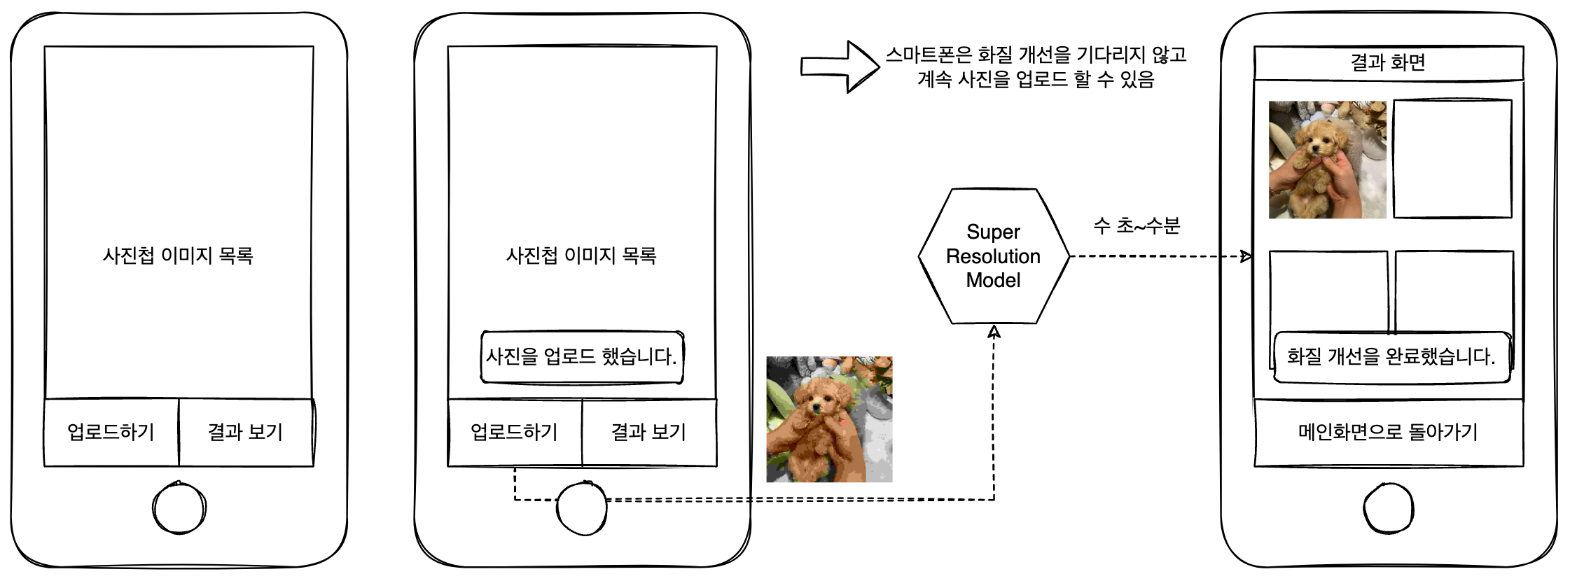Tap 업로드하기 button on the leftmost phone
click(111, 432)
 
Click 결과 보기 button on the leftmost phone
click(246, 432)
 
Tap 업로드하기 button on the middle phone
click(515, 432)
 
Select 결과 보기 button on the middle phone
click(649, 432)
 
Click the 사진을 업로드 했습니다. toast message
click(582, 357)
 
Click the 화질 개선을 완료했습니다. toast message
click(1391, 357)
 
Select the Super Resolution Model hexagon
click(994, 256)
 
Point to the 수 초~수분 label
click(1137, 225)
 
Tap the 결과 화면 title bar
click(1389, 63)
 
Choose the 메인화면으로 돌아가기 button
click(1389, 433)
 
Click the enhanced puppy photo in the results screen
click(1328, 160)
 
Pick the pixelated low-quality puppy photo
click(829, 419)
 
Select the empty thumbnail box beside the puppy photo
click(1452, 159)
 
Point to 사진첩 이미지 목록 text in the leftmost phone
click(178, 255)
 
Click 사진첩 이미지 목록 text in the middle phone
click(582, 255)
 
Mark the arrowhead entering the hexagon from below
click(994, 331)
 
